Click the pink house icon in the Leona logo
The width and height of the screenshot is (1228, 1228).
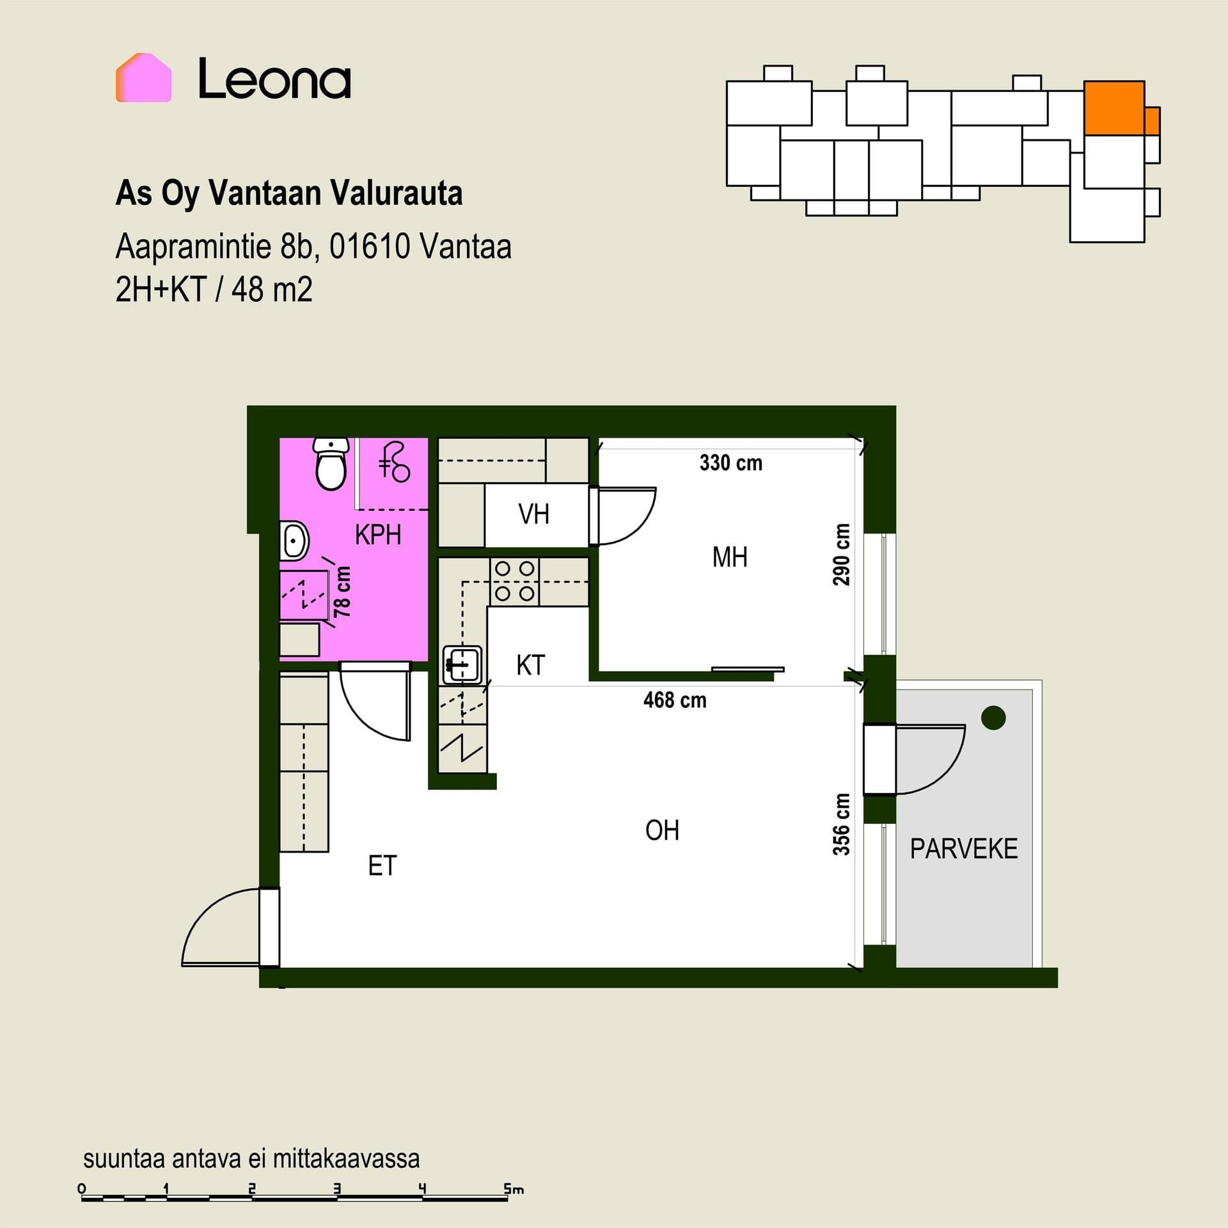tap(143, 77)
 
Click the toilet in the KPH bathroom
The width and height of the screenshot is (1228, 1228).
tap(331, 464)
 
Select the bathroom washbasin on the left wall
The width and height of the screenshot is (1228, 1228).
tap(294, 540)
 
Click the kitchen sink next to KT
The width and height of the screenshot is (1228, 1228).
tap(462, 665)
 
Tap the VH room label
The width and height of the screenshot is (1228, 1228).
tap(533, 514)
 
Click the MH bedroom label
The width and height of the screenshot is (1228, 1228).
tap(730, 557)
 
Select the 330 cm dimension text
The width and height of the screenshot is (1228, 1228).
tap(731, 462)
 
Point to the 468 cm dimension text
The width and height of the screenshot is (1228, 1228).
tap(675, 700)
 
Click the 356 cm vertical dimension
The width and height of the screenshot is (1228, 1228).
tap(842, 824)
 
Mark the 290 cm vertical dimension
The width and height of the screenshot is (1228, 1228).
tap(842, 555)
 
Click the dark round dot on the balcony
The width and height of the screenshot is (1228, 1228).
tap(993, 718)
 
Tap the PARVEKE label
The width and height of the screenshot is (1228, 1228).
tap(964, 849)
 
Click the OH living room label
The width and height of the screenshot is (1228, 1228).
tap(662, 830)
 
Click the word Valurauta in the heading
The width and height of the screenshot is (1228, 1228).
tap(396, 193)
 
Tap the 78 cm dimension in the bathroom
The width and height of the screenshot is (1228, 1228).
tap(343, 592)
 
